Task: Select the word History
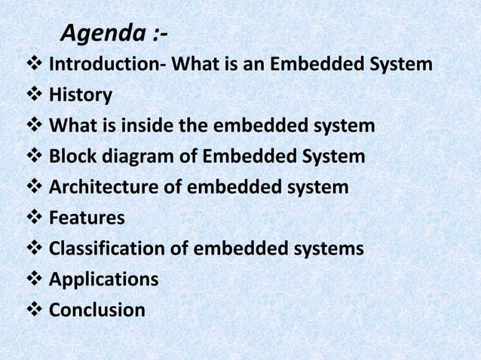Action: pos(81,96)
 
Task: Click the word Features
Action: pos(87,218)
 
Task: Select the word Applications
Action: pos(103,279)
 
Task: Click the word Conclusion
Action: pos(97,310)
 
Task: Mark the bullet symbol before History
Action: pos(35,96)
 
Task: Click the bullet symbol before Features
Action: pos(35,218)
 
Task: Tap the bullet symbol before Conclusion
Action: pos(35,310)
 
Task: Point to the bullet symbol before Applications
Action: pos(35,279)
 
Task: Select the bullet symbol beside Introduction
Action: pos(35,65)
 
